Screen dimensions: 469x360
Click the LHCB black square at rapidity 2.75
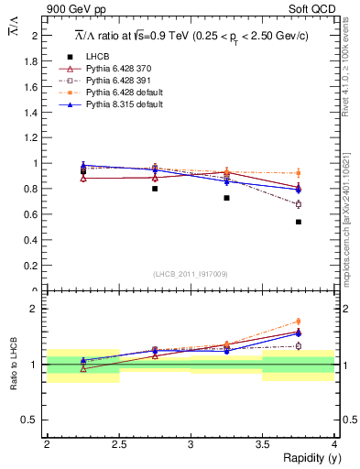pyautogui.click(x=155, y=189)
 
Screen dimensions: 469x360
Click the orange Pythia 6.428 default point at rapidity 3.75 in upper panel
pyautogui.click(x=299, y=173)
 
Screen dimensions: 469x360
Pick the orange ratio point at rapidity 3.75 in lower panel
pyautogui.click(x=299, y=322)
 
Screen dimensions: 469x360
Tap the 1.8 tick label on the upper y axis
pyautogui.click(x=35, y=61)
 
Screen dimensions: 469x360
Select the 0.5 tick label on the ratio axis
pyautogui.click(x=35, y=420)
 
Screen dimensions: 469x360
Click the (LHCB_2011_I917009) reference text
pyautogui.click(x=190, y=274)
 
